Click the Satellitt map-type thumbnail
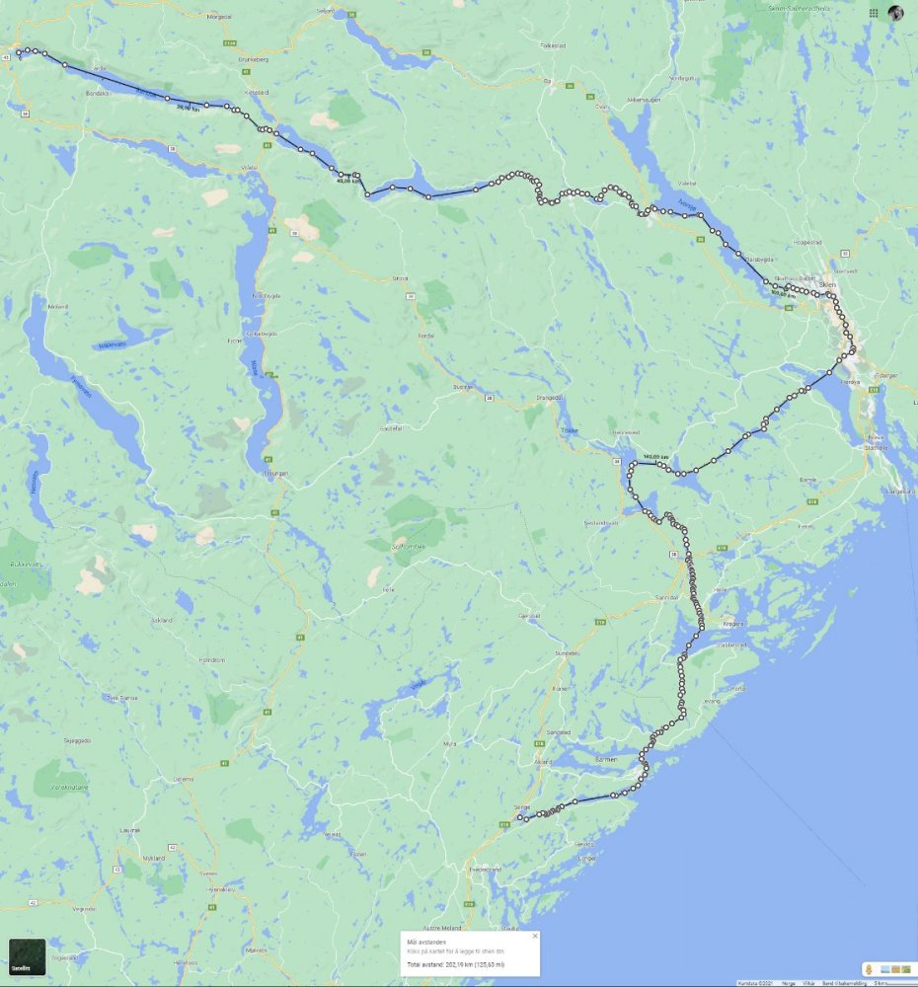(x=27, y=956)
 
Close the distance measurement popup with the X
(x=535, y=936)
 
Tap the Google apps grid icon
(x=874, y=13)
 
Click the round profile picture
(x=895, y=13)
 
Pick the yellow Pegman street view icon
(x=868, y=969)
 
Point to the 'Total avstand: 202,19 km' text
(x=455, y=963)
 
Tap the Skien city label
(x=827, y=284)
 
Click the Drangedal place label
(x=549, y=398)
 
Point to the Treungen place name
(x=275, y=473)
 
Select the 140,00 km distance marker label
(x=655, y=456)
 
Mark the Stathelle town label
(x=877, y=446)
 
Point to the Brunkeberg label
(x=253, y=59)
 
